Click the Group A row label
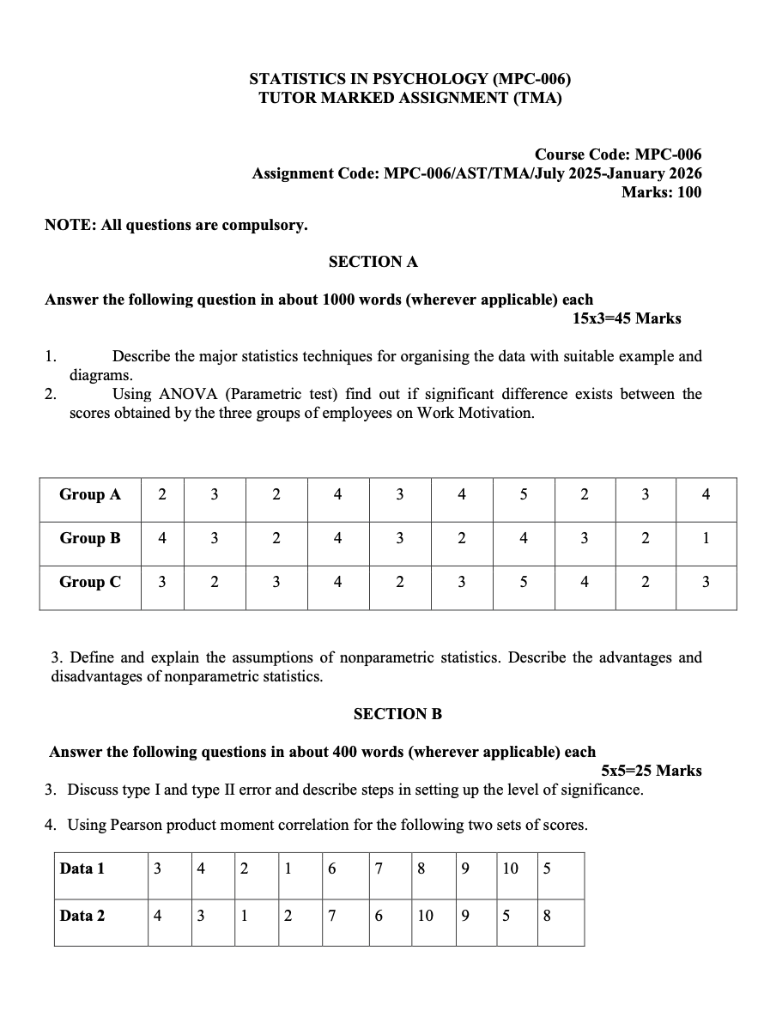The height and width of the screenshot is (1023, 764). (90, 494)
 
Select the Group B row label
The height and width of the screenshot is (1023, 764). (90, 538)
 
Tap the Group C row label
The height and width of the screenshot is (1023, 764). (90, 582)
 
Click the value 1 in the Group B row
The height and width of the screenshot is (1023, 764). (706, 538)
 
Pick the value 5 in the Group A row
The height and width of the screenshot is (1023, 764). (524, 494)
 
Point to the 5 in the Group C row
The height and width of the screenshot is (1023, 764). (524, 582)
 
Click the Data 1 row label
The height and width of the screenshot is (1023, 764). (82, 869)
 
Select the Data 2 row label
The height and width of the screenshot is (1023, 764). (82, 916)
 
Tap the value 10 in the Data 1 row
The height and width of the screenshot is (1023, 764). (510, 869)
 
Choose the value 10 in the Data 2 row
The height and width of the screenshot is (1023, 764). (425, 916)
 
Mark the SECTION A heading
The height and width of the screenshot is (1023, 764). (373, 262)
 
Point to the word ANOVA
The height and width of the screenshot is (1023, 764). (189, 395)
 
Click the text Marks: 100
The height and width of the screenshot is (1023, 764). (661, 192)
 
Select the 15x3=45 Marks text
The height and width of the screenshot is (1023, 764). (627, 318)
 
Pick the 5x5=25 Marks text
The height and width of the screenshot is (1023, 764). (652, 771)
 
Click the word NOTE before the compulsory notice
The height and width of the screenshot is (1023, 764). (69, 226)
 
